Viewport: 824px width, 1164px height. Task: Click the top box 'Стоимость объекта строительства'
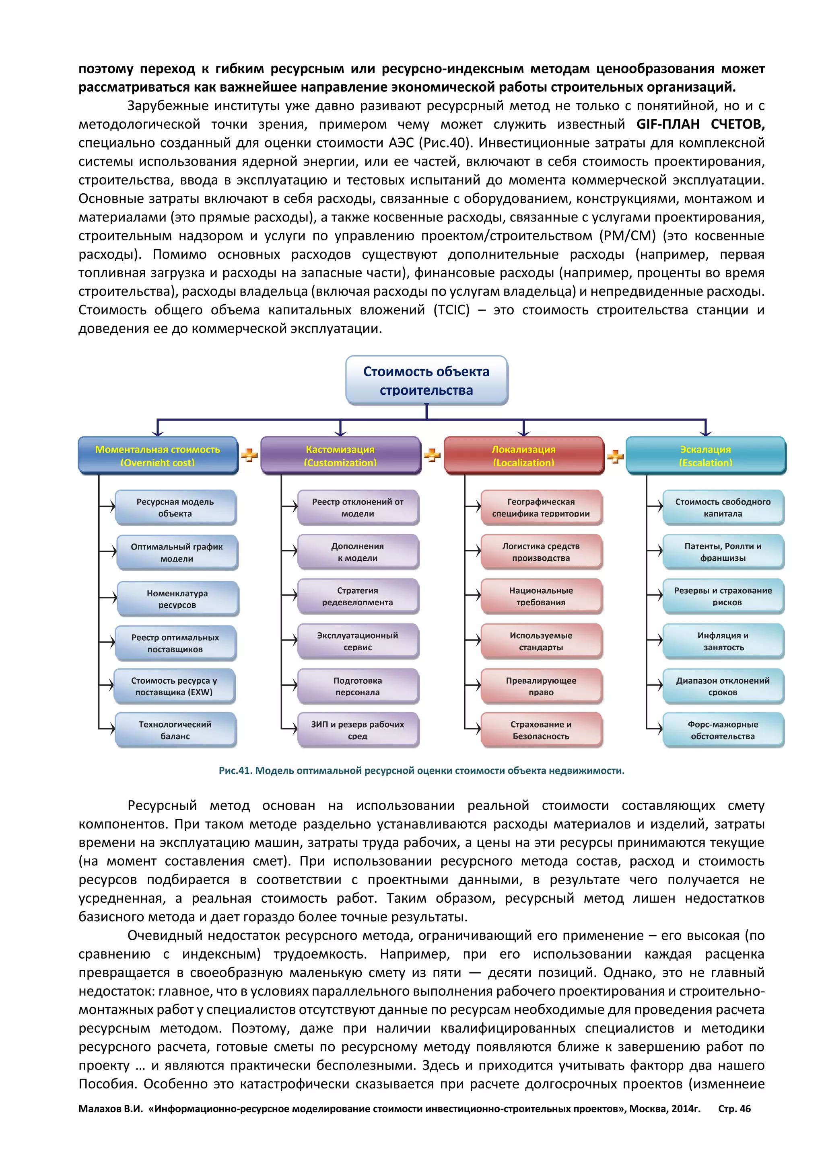pyautogui.click(x=426, y=380)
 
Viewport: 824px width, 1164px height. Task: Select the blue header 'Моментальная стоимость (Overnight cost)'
pyautogui.click(x=158, y=455)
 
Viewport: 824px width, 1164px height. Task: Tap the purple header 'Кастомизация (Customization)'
pyautogui.click(x=340, y=455)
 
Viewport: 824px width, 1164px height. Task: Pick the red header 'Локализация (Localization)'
pyautogui.click(x=523, y=455)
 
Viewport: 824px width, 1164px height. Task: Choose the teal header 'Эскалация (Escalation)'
pyautogui.click(x=705, y=455)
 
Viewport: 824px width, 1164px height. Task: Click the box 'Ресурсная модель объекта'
pyautogui.click(x=175, y=507)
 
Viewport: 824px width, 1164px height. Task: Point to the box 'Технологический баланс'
pyautogui.click(x=175, y=730)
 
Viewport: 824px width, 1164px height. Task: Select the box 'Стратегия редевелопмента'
pyautogui.click(x=358, y=596)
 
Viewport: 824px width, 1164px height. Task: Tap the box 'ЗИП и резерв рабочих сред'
pyautogui.click(x=358, y=730)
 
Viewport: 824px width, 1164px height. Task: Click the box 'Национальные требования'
pyautogui.click(x=541, y=596)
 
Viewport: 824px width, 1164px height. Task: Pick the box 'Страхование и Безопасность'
pyautogui.click(x=541, y=730)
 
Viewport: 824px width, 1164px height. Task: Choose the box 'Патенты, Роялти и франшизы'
pyautogui.click(x=723, y=551)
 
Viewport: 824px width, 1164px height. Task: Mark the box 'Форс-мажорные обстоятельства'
pyautogui.click(x=723, y=730)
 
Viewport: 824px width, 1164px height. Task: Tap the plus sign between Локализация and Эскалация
pyautogui.click(x=615, y=456)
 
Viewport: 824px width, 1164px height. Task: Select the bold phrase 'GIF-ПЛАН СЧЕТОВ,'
pyautogui.click(x=700, y=124)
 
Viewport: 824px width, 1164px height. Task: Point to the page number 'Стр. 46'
pyautogui.click(x=734, y=1108)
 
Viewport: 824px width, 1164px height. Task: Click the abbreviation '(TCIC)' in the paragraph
pyautogui.click(x=451, y=310)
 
